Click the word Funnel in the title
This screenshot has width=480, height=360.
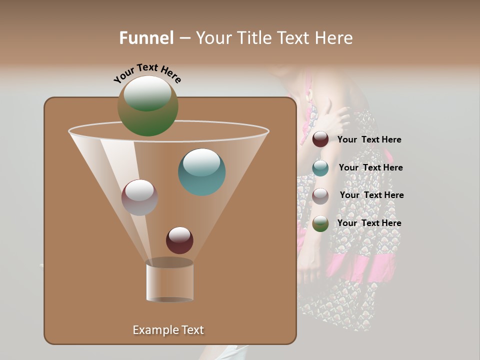(x=146, y=38)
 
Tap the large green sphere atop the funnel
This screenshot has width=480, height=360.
(x=148, y=106)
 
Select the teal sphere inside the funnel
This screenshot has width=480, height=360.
(x=202, y=172)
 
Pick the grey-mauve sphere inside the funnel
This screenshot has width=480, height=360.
(x=139, y=197)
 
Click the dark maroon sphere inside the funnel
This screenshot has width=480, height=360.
(x=179, y=240)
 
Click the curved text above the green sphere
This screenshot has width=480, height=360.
(x=147, y=72)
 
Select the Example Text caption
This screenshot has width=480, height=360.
(x=168, y=330)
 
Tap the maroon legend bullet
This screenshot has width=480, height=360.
(x=320, y=139)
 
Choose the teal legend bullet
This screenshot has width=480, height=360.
(x=320, y=168)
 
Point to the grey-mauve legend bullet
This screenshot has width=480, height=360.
(x=320, y=196)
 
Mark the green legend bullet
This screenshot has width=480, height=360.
(x=320, y=223)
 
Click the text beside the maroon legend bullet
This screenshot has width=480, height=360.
(x=369, y=140)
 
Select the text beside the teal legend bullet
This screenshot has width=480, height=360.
(x=370, y=168)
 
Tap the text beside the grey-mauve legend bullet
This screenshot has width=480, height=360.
(x=371, y=195)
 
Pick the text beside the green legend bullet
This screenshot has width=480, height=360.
(x=369, y=223)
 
